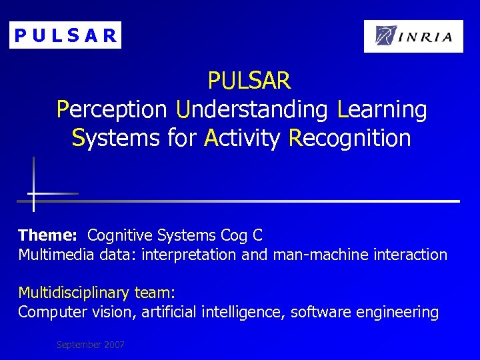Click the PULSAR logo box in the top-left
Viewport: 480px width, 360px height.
pos(65,35)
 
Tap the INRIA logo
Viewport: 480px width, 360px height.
pos(413,36)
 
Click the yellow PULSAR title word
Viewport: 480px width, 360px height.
pos(249,81)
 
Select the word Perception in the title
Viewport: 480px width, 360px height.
pos(112,110)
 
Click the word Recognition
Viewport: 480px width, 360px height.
pos(349,139)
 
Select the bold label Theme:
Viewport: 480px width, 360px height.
pos(48,235)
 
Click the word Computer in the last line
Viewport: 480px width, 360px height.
pos(49,312)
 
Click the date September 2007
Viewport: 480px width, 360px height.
pos(91,345)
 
